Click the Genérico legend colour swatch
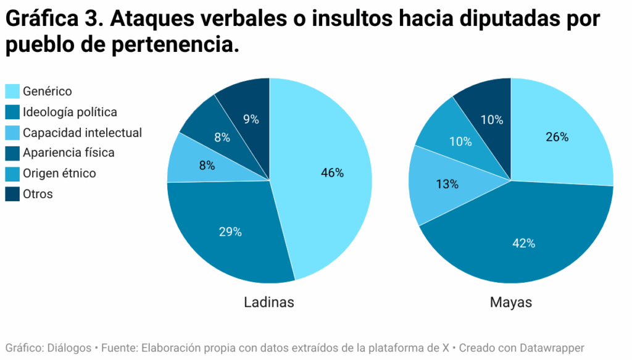click(x=12, y=91)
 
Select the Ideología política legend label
click(x=70, y=112)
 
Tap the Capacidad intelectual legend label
click(x=82, y=133)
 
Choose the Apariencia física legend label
click(x=69, y=153)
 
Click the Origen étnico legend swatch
click(x=12, y=174)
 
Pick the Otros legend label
click(x=38, y=194)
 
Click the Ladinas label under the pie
click(x=269, y=303)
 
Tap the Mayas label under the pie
click(x=511, y=303)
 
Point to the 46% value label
click(x=332, y=173)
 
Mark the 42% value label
click(x=523, y=243)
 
